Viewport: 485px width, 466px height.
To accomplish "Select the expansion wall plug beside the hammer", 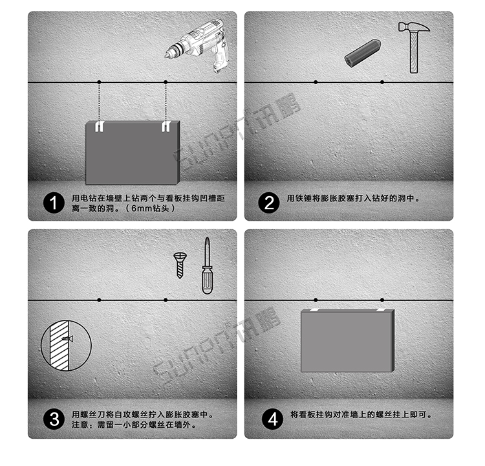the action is click(x=362, y=52).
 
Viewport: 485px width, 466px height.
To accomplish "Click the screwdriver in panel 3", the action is click(x=207, y=266).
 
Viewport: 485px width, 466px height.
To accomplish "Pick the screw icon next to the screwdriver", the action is click(x=180, y=265).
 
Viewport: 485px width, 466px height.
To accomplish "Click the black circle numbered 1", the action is click(x=54, y=203).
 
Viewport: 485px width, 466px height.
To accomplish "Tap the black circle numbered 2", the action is click(x=269, y=203).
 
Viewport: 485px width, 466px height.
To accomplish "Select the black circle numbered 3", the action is click(x=54, y=419).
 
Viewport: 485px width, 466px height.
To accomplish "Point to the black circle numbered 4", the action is click(x=272, y=419).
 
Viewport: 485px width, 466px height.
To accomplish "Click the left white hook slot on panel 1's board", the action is click(x=99, y=127).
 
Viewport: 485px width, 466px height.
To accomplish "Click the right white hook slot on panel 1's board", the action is click(x=166, y=127).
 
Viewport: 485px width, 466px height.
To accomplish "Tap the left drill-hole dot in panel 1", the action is click(x=99, y=82).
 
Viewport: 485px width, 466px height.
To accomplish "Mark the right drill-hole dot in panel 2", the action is click(x=382, y=82).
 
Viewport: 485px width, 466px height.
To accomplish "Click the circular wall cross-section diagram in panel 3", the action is click(x=66, y=345).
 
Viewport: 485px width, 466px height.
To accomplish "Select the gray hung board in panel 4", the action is click(x=348, y=340).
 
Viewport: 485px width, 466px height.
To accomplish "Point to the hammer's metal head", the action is click(x=414, y=27).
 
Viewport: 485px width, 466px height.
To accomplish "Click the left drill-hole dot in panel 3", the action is click(x=99, y=300).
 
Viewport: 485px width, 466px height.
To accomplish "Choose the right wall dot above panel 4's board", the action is click(x=382, y=300).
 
